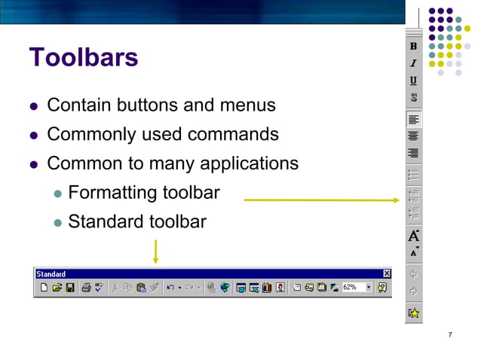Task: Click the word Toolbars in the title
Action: click(83, 57)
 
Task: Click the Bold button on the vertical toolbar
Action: click(413, 47)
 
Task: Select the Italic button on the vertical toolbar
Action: click(413, 63)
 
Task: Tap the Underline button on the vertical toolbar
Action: click(413, 81)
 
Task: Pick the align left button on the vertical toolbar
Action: click(413, 119)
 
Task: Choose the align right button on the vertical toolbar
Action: click(413, 153)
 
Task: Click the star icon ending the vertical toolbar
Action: click(413, 313)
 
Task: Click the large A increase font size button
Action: click(413, 236)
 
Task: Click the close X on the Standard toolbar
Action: click(387, 274)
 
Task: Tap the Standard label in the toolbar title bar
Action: click(51, 274)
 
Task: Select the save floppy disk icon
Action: click(70, 287)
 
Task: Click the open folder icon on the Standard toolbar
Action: click(57, 287)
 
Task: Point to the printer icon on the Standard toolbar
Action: click(86, 287)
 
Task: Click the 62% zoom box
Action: click(352, 287)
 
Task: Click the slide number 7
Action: click(449, 334)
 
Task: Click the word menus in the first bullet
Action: click(250, 105)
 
